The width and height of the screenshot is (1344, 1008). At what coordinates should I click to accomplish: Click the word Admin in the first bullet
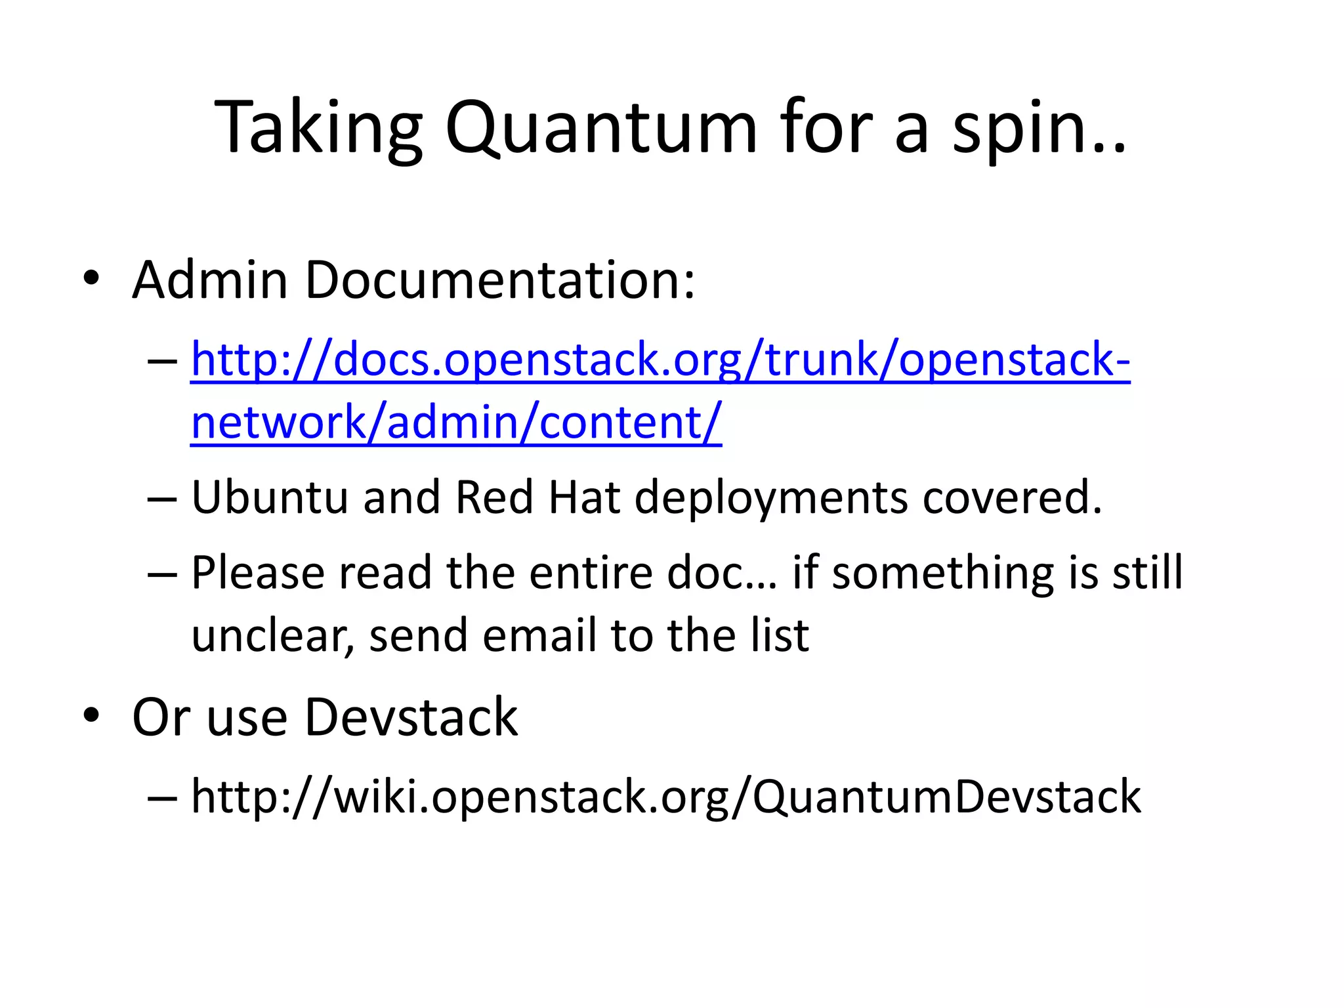click(210, 280)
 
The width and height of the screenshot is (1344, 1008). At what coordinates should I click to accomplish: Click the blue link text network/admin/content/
click(456, 422)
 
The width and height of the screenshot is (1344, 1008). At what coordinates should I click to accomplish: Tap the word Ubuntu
click(270, 497)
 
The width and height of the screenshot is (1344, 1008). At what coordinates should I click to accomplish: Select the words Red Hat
click(537, 497)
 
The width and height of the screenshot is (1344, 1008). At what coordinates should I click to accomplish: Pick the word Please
click(258, 573)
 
